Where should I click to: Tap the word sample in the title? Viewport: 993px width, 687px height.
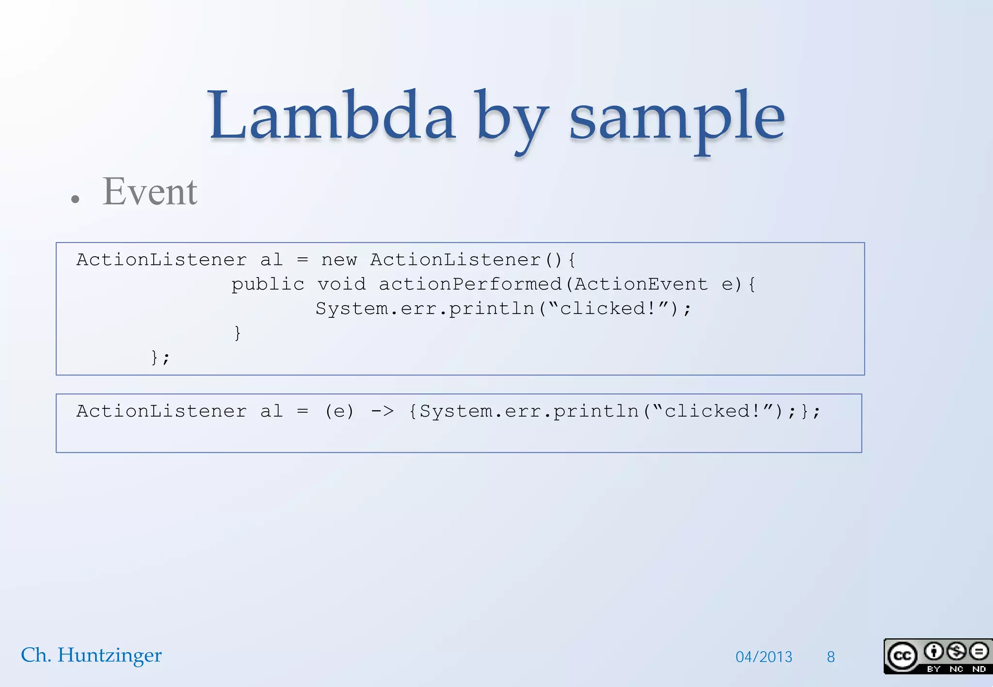(676, 119)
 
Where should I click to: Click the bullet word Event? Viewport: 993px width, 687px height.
(150, 192)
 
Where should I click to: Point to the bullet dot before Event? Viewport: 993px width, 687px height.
(75, 199)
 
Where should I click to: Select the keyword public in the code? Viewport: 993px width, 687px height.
(268, 284)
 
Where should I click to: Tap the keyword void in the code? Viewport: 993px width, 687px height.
(341, 284)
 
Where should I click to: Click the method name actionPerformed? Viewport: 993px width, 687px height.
(470, 284)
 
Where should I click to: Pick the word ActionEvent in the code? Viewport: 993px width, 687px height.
(641, 284)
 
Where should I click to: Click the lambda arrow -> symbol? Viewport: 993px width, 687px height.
(382, 411)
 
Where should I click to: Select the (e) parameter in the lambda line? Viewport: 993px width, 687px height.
(339, 411)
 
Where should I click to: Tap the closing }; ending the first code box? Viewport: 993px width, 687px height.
(160, 358)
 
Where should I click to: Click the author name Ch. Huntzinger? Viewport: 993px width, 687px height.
(91, 655)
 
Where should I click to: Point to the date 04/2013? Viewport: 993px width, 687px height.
(764, 657)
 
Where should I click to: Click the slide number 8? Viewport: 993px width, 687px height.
(831, 657)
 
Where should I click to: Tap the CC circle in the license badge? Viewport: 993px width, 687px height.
(902, 656)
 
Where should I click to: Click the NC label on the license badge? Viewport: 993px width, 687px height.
(956, 669)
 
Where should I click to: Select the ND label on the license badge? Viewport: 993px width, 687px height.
(979, 669)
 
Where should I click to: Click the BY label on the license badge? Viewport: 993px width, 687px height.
(933, 669)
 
